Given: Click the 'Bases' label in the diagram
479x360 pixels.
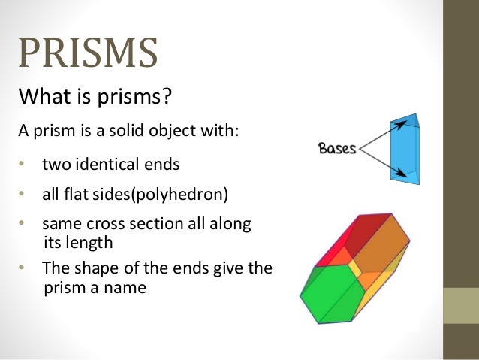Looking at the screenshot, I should point(337,149).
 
